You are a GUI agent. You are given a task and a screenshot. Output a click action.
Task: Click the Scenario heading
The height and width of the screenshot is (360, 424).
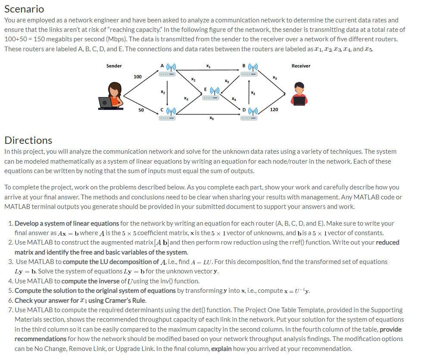pos(24,9)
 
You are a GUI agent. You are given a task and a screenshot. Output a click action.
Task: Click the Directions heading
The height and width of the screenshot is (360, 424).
pos(28,140)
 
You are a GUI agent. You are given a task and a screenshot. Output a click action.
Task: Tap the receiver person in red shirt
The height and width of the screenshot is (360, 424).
pos(299,95)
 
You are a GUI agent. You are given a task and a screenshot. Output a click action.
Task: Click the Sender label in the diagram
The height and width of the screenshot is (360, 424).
pos(114,66)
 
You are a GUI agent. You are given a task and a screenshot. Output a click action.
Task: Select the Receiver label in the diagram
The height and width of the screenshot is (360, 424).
pos(301,66)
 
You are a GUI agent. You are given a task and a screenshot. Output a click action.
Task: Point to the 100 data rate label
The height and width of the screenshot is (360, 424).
pos(137,77)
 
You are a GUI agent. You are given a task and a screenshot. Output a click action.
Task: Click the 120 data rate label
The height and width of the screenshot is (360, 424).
pos(274,110)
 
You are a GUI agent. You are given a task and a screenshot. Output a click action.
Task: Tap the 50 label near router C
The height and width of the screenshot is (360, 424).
pos(141,110)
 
